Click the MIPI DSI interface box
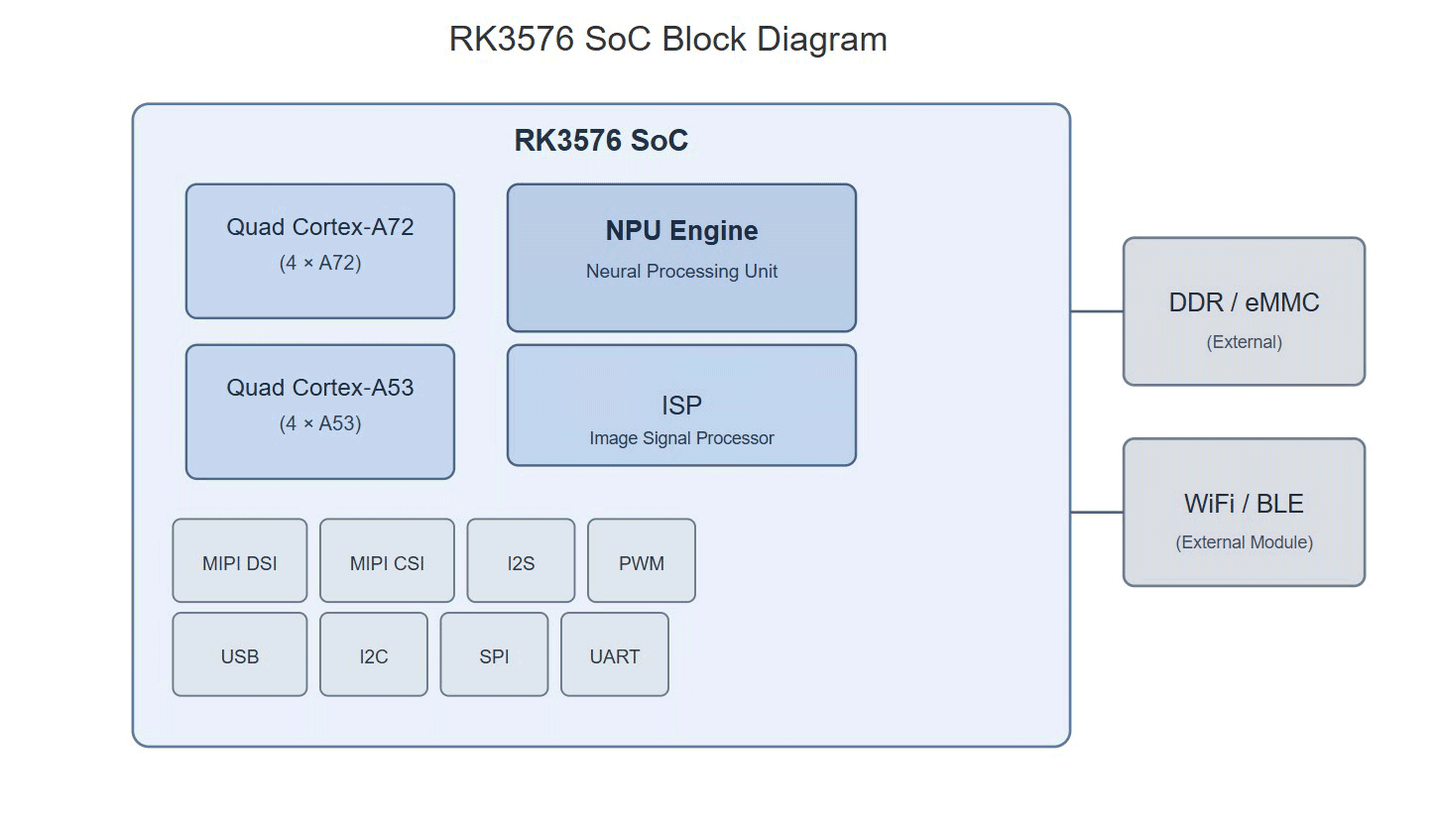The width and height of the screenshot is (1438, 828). tap(239, 560)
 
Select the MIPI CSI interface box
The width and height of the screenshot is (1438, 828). tap(387, 560)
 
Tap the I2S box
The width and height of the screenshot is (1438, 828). tap(521, 560)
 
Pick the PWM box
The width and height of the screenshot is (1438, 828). tap(642, 560)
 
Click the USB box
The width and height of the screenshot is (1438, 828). tap(239, 654)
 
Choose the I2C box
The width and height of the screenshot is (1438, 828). tap(374, 654)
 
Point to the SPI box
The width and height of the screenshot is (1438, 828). tap(494, 654)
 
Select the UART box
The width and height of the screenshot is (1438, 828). tap(614, 654)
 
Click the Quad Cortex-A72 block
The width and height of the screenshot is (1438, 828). tap(320, 251)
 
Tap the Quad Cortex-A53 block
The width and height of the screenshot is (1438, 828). tap(320, 412)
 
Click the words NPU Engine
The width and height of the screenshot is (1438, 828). tap(681, 230)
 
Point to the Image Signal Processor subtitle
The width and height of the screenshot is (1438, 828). tap(681, 437)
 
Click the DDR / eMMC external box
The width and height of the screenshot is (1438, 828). tap(1245, 311)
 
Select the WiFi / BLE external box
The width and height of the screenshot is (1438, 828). tap(1245, 513)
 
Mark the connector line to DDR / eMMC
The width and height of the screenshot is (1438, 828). tap(1097, 311)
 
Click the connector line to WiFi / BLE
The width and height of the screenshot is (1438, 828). tap(1097, 513)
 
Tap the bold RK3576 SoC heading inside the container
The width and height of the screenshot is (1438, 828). tap(601, 140)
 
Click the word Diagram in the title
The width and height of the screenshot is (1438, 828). tap(822, 39)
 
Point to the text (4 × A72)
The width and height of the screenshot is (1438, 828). tap(320, 263)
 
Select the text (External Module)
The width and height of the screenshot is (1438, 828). tap(1245, 542)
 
